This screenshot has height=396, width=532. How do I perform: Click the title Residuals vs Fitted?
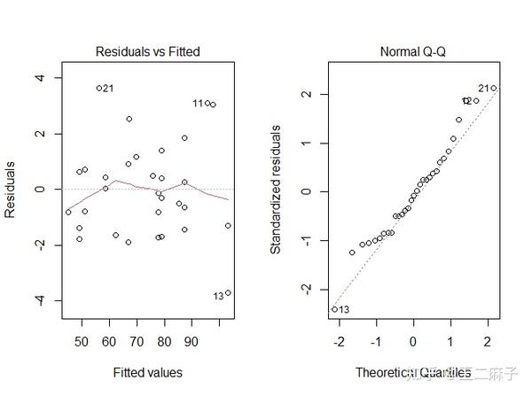147,52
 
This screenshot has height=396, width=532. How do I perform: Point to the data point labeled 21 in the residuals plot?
99,88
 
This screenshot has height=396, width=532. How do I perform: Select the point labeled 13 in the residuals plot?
228,293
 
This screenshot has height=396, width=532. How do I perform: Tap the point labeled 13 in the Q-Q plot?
334,309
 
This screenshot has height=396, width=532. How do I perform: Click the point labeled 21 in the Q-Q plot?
494,88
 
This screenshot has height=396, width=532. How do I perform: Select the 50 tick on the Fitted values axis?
82,340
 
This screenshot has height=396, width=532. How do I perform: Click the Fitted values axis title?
147,372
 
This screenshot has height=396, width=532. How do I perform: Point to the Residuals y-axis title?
12,190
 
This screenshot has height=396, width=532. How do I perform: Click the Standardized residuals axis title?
277,190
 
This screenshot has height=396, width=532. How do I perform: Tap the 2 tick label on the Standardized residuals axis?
305,95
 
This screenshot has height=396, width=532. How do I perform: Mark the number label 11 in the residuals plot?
198,104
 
